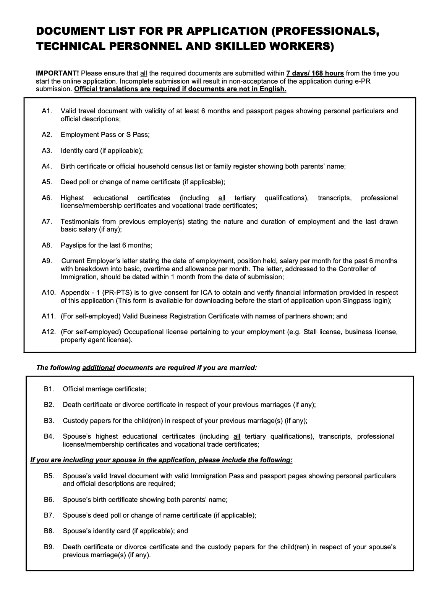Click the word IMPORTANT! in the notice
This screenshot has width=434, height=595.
click(x=57, y=73)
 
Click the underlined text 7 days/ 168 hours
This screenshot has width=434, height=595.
click(x=315, y=73)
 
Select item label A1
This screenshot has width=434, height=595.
click(x=47, y=111)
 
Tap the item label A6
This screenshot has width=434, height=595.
click(x=47, y=198)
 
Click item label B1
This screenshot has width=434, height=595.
click(x=49, y=389)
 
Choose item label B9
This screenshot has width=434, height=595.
click(x=49, y=547)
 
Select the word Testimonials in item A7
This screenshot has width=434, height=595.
click(x=79, y=222)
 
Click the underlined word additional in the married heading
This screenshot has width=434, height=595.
click(x=98, y=368)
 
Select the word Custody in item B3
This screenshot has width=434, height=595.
click(x=75, y=421)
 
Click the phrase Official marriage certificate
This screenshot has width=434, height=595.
click(x=104, y=389)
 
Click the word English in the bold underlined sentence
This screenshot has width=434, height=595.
click(x=273, y=89)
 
